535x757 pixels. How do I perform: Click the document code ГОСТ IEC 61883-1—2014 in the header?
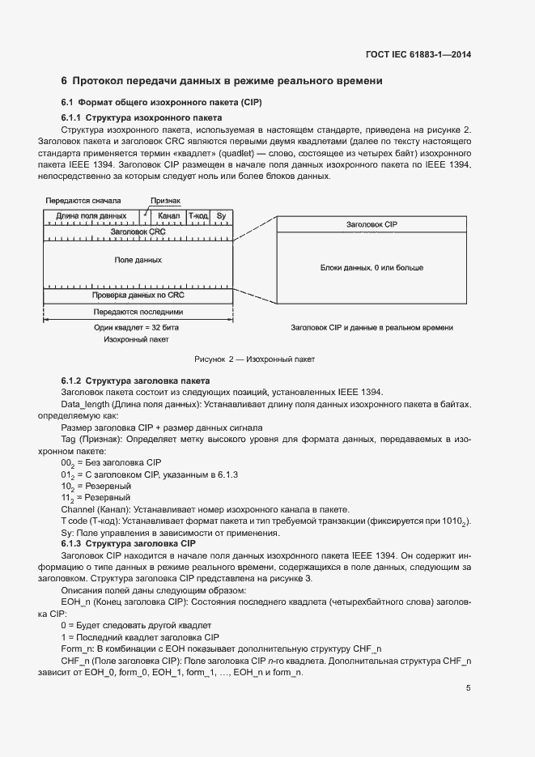(418, 54)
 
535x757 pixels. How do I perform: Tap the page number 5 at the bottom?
(469, 688)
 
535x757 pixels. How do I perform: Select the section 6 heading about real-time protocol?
(222, 82)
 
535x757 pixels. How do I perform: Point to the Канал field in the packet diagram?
(169, 216)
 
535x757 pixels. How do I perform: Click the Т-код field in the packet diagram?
(198, 216)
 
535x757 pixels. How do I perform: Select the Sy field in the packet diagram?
(221, 216)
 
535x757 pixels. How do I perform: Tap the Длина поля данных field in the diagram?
(91, 216)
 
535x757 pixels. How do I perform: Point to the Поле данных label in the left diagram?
(138, 261)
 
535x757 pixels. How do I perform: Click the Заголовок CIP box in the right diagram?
(372, 224)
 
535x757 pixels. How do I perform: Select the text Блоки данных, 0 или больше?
(372, 267)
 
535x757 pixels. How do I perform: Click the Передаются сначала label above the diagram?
(83, 200)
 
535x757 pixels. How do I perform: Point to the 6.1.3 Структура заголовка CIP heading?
(134, 543)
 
